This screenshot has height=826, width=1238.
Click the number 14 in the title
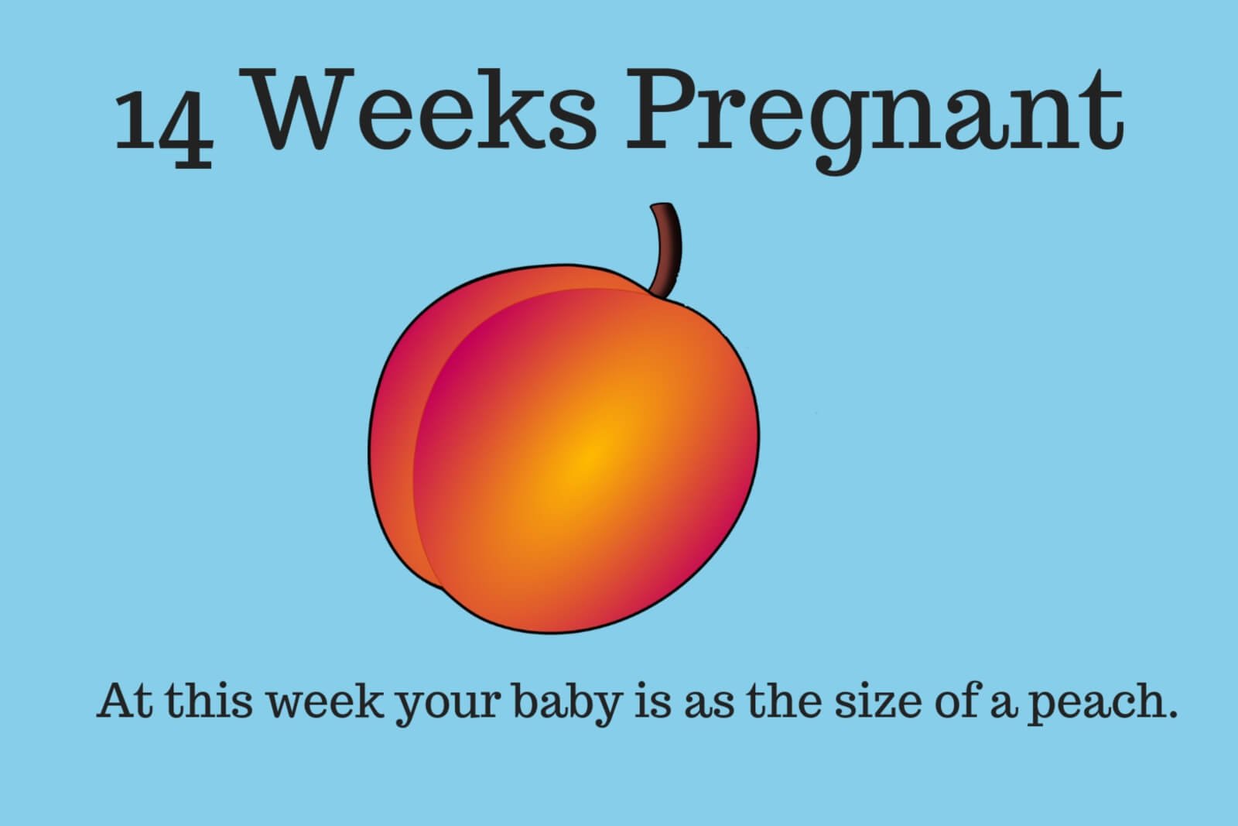(163, 127)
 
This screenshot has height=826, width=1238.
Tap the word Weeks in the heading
(425, 109)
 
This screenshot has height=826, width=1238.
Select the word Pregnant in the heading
(874, 120)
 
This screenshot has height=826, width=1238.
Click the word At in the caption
(125, 701)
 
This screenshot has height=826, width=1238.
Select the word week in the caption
(324, 701)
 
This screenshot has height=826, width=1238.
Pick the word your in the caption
(450, 707)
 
